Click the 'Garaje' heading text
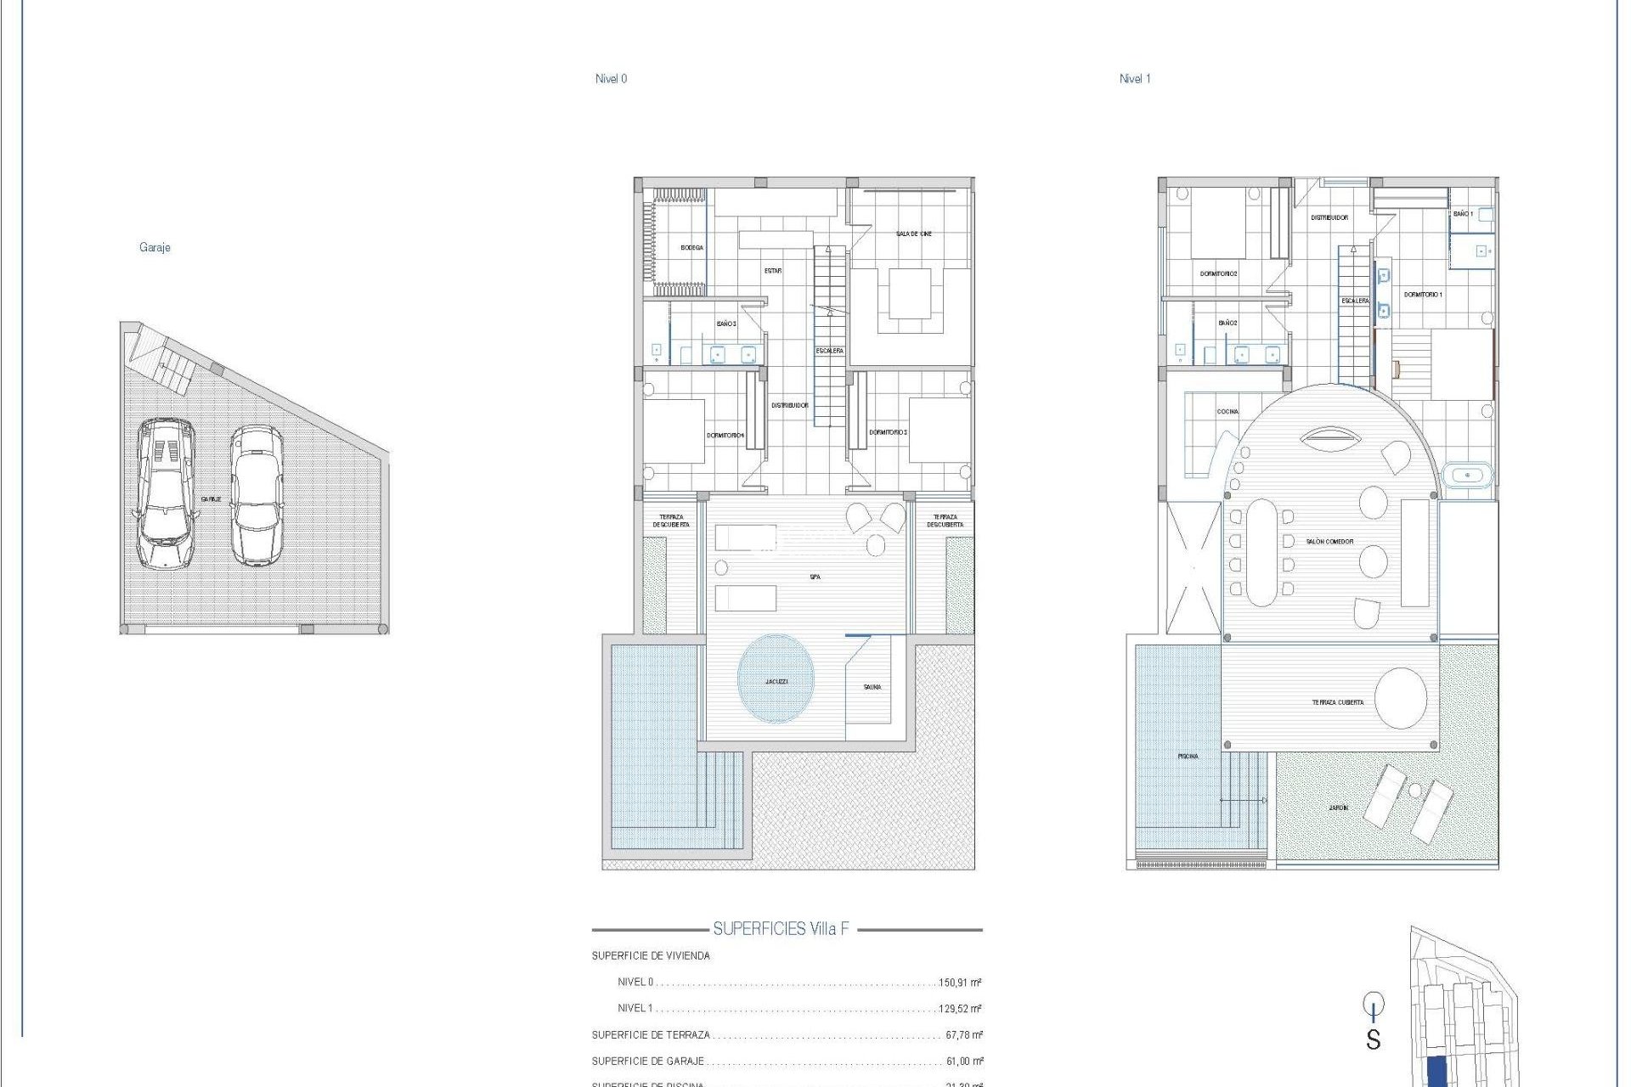pos(155,248)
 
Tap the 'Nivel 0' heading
pos(611,79)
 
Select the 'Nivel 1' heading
pos(1135,79)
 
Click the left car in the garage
pos(165,493)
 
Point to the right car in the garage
pos(257,495)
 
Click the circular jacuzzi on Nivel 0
pos(776,679)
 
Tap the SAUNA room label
pos(872,687)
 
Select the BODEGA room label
pos(691,248)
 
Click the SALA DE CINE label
pos(913,234)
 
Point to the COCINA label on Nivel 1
pos(1227,412)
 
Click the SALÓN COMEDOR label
pos(1329,542)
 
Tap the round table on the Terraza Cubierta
pos(1401,698)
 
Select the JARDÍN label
pos(1338,808)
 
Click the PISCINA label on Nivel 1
pos(1188,756)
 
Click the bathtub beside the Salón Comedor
pos(1467,475)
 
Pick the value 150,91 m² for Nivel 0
pos(960,983)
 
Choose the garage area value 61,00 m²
pos(964,1062)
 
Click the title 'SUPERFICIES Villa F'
pos(781,929)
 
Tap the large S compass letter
pos(1373,1039)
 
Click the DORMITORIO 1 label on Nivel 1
pos(1423,295)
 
